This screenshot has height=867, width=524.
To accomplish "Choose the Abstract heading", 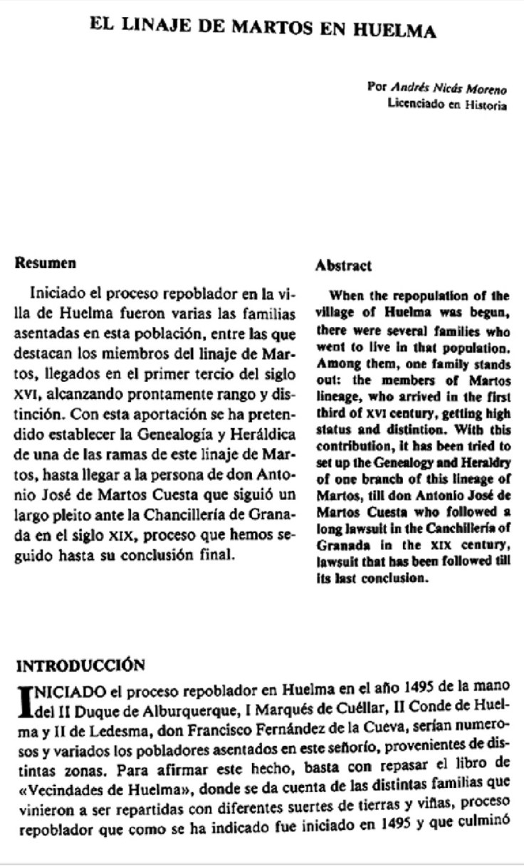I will pos(343,266).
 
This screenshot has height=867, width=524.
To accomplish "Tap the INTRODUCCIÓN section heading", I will pos(80,665).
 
